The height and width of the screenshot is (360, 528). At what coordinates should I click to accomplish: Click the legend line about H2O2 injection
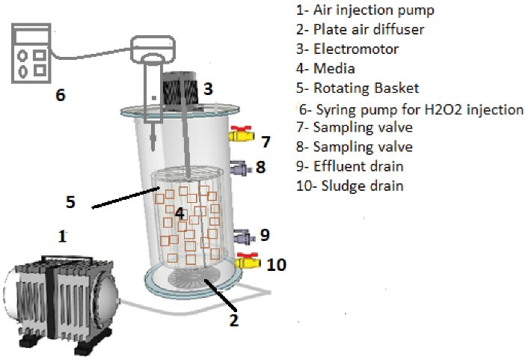tap(411, 109)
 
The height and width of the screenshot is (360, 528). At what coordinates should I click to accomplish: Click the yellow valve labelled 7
tap(242, 135)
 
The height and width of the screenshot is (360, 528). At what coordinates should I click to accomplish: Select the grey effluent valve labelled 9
tap(242, 237)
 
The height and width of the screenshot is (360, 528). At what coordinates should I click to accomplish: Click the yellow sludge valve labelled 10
tap(247, 262)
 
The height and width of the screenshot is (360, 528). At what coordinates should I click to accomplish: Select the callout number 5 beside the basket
tap(70, 201)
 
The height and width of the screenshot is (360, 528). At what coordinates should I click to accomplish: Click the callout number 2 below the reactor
tap(233, 320)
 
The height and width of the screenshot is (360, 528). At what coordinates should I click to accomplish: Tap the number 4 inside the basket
tap(179, 213)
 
